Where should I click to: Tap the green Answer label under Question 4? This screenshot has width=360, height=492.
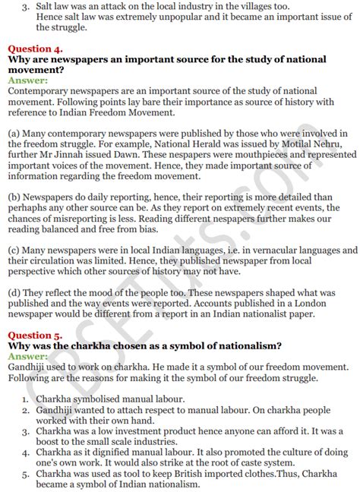(x=28, y=79)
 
